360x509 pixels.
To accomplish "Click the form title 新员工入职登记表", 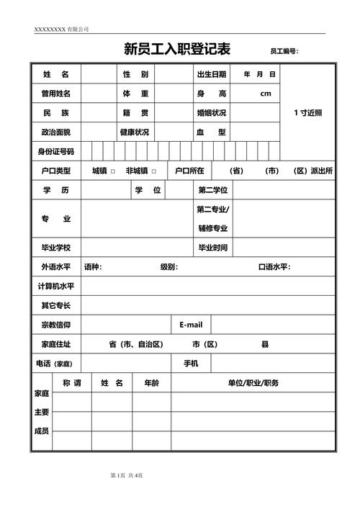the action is click(x=177, y=50).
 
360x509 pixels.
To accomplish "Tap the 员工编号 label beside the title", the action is click(x=284, y=52).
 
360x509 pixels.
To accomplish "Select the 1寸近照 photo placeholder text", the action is click(x=308, y=113).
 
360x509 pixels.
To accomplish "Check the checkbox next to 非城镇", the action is click(x=154, y=171).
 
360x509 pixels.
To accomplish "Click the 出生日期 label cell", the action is click(x=212, y=74).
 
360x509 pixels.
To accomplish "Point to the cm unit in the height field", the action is click(x=266, y=94).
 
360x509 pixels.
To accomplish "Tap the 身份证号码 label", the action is click(x=55, y=152).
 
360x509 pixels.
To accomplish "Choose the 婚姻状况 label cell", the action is click(x=212, y=113).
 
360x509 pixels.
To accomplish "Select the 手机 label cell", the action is click(x=191, y=364).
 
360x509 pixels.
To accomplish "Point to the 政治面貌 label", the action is click(x=55, y=132).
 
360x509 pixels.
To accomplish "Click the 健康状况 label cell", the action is click(x=135, y=132).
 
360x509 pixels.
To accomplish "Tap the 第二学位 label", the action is click(x=213, y=190).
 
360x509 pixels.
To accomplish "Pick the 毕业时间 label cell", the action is click(x=213, y=248).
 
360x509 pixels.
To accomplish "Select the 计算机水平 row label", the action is click(x=55, y=286).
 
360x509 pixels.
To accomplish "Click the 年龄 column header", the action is click(x=151, y=383).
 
